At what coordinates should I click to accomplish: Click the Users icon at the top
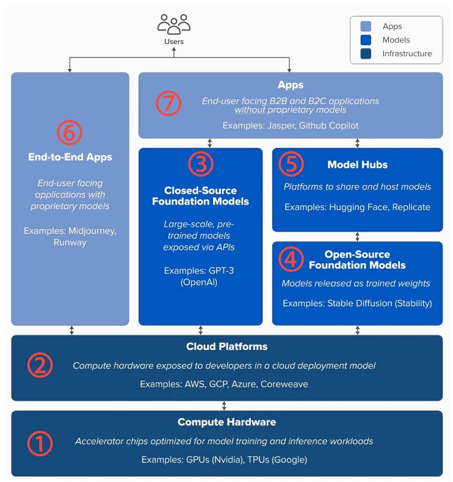[174, 24]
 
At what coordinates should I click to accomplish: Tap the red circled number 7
[169, 103]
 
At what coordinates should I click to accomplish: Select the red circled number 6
[70, 133]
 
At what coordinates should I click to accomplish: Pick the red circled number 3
[201, 164]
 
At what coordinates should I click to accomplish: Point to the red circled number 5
[291, 164]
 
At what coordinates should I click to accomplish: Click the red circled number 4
[291, 259]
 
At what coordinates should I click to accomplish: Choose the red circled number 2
[40, 365]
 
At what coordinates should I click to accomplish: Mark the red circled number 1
[40, 444]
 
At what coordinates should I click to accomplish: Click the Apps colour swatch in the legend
[366, 26]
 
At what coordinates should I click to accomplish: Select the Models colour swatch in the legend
[366, 40]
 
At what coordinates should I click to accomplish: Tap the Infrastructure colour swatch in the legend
[366, 54]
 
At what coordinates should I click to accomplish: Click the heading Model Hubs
[358, 165]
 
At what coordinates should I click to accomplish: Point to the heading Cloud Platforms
[227, 346]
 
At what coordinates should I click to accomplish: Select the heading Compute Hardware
[227, 422]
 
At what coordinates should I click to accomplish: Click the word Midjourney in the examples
[92, 231]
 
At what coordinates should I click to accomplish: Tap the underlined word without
[250, 110]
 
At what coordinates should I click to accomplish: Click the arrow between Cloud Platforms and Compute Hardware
[224, 406]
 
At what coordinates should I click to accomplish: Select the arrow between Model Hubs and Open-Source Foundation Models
[358, 236]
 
